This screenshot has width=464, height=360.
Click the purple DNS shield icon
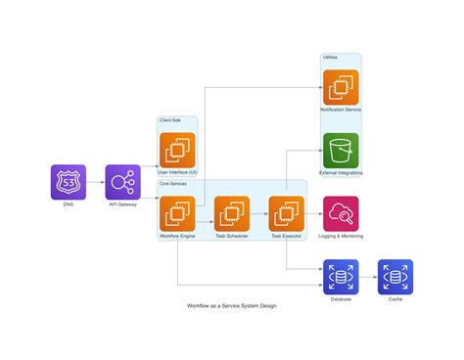(x=69, y=182)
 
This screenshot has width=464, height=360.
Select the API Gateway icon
(x=123, y=182)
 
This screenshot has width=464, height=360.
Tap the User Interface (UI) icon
(x=177, y=150)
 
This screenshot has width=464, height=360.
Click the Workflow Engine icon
(x=177, y=213)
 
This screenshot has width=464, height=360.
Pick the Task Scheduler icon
(x=232, y=213)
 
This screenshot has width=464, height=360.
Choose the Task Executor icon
(x=286, y=213)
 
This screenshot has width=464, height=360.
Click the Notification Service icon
(x=341, y=86)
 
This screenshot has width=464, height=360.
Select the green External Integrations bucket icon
(x=341, y=150)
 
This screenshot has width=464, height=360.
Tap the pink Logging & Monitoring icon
(x=341, y=213)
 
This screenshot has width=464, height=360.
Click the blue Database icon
(x=341, y=277)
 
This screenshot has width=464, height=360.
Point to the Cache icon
(x=395, y=277)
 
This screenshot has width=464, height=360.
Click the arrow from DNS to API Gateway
(x=96, y=182)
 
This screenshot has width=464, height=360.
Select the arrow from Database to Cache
(x=368, y=277)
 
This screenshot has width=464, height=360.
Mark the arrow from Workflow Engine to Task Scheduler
(x=205, y=213)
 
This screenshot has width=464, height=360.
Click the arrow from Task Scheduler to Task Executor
(x=259, y=213)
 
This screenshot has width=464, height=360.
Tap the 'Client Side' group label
(x=169, y=120)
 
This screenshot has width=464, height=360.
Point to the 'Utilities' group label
(x=331, y=58)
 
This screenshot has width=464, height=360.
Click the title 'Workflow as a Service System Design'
(x=232, y=306)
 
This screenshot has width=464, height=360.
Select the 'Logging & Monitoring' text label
(x=341, y=237)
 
